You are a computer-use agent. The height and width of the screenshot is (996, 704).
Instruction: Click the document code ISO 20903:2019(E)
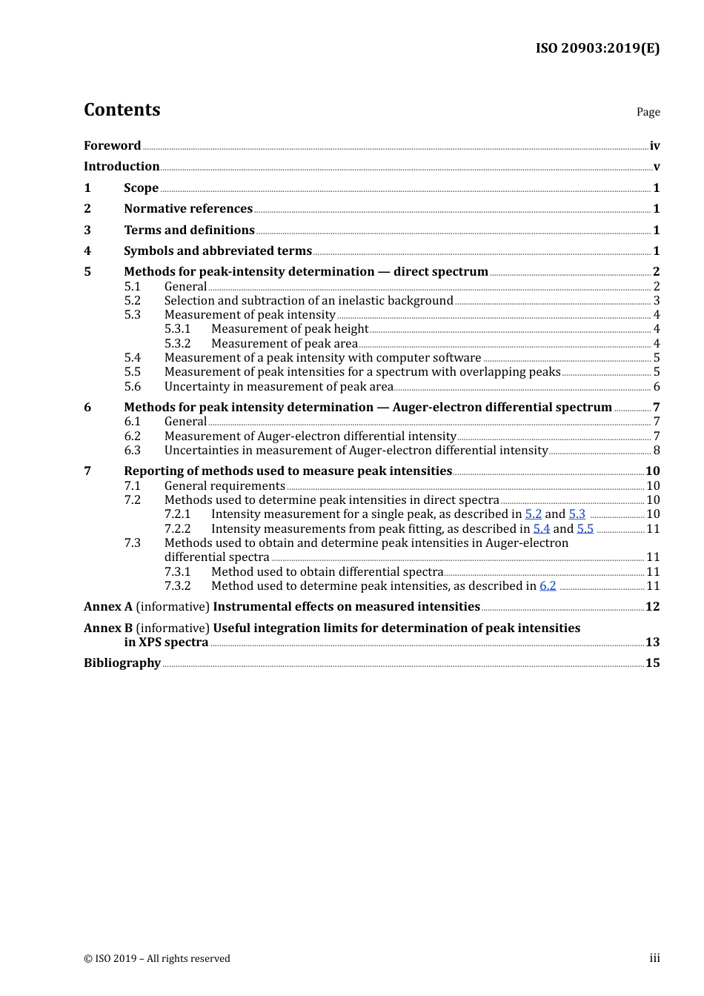pyautogui.click(x=597, y=48)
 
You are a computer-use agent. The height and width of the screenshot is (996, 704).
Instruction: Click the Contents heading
pyautogui.click(x=122, y=110)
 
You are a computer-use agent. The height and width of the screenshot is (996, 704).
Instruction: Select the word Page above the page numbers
pyautogui.click(x=648, y=112)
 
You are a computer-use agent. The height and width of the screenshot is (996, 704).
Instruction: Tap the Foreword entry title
pyautogui.click(x=112, y=145)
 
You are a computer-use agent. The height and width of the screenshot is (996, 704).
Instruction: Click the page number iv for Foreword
pyautogui.click(x=654, y=146)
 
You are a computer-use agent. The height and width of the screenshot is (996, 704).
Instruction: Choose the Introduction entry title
pyautogui.click(x=122, y=166)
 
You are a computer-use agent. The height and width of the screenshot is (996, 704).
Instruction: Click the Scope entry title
pyautogui.click(x=141, y=187)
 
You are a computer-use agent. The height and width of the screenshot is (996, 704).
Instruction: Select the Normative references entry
pyautogui.click(x=188, y=208)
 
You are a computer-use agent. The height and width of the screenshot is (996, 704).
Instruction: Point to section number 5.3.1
pyautogui.click(x=177, y=328)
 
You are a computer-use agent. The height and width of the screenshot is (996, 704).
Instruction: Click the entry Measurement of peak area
pyautogui.click(x=284, y=343)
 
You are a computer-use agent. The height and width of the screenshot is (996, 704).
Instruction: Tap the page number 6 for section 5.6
pyautogui.click(x=656, y=386)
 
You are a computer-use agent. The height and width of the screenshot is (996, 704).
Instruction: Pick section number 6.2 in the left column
pyautogui.click(x=132, y=436)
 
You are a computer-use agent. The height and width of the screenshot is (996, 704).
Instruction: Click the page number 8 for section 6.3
pyautogui.click(x=656, y=450)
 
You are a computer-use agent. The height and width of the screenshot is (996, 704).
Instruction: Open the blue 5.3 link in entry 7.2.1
pyautogui.click(x=577, y=514)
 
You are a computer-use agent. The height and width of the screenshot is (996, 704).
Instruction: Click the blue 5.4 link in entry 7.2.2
pyautogui.click(x=541, y=528)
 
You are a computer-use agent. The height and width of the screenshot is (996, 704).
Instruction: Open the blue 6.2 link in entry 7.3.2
pyautogui.click(x=548, y=585)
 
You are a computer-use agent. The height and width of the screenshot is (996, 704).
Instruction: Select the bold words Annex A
pyautogui.click(x=108, y=606)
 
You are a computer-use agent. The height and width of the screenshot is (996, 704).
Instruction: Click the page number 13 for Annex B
pyautogui.click(x=652, y=642)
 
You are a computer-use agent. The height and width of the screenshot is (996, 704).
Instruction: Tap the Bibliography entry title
pyautogui.click(x=122, y=663)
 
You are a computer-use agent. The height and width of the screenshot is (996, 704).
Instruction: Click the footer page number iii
pyautogui.click(x=654, y=958)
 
